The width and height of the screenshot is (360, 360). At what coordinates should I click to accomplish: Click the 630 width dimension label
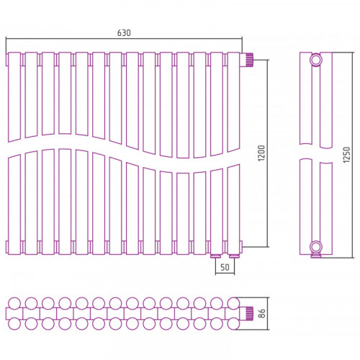pyautogui.click(x=124, y=33)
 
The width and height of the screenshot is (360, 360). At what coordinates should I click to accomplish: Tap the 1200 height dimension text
pyautogui.click(x=262, y=153)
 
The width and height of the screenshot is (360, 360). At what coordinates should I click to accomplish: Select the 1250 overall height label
pyautogui.click(x=346, y=155)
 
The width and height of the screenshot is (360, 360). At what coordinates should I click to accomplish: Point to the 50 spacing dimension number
pyautogui.click(x=225, y=267)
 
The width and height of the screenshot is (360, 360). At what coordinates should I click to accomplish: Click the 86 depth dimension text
pyautogui.click(x=262, y=313)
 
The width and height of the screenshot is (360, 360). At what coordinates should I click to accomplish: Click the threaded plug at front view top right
pyautogui.click(x=248, y=60)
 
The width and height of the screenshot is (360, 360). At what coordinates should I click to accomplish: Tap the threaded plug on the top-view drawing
pyautogui.click(x=248, y=313)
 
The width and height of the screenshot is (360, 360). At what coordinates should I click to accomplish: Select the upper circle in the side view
pyautogui.click(x=316, y=60)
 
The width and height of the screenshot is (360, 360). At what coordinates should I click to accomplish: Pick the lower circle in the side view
pyautogui.click(x=316, y=247)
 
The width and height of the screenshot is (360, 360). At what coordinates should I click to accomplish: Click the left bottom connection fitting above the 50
pyautogui.click(x=215, y=256)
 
